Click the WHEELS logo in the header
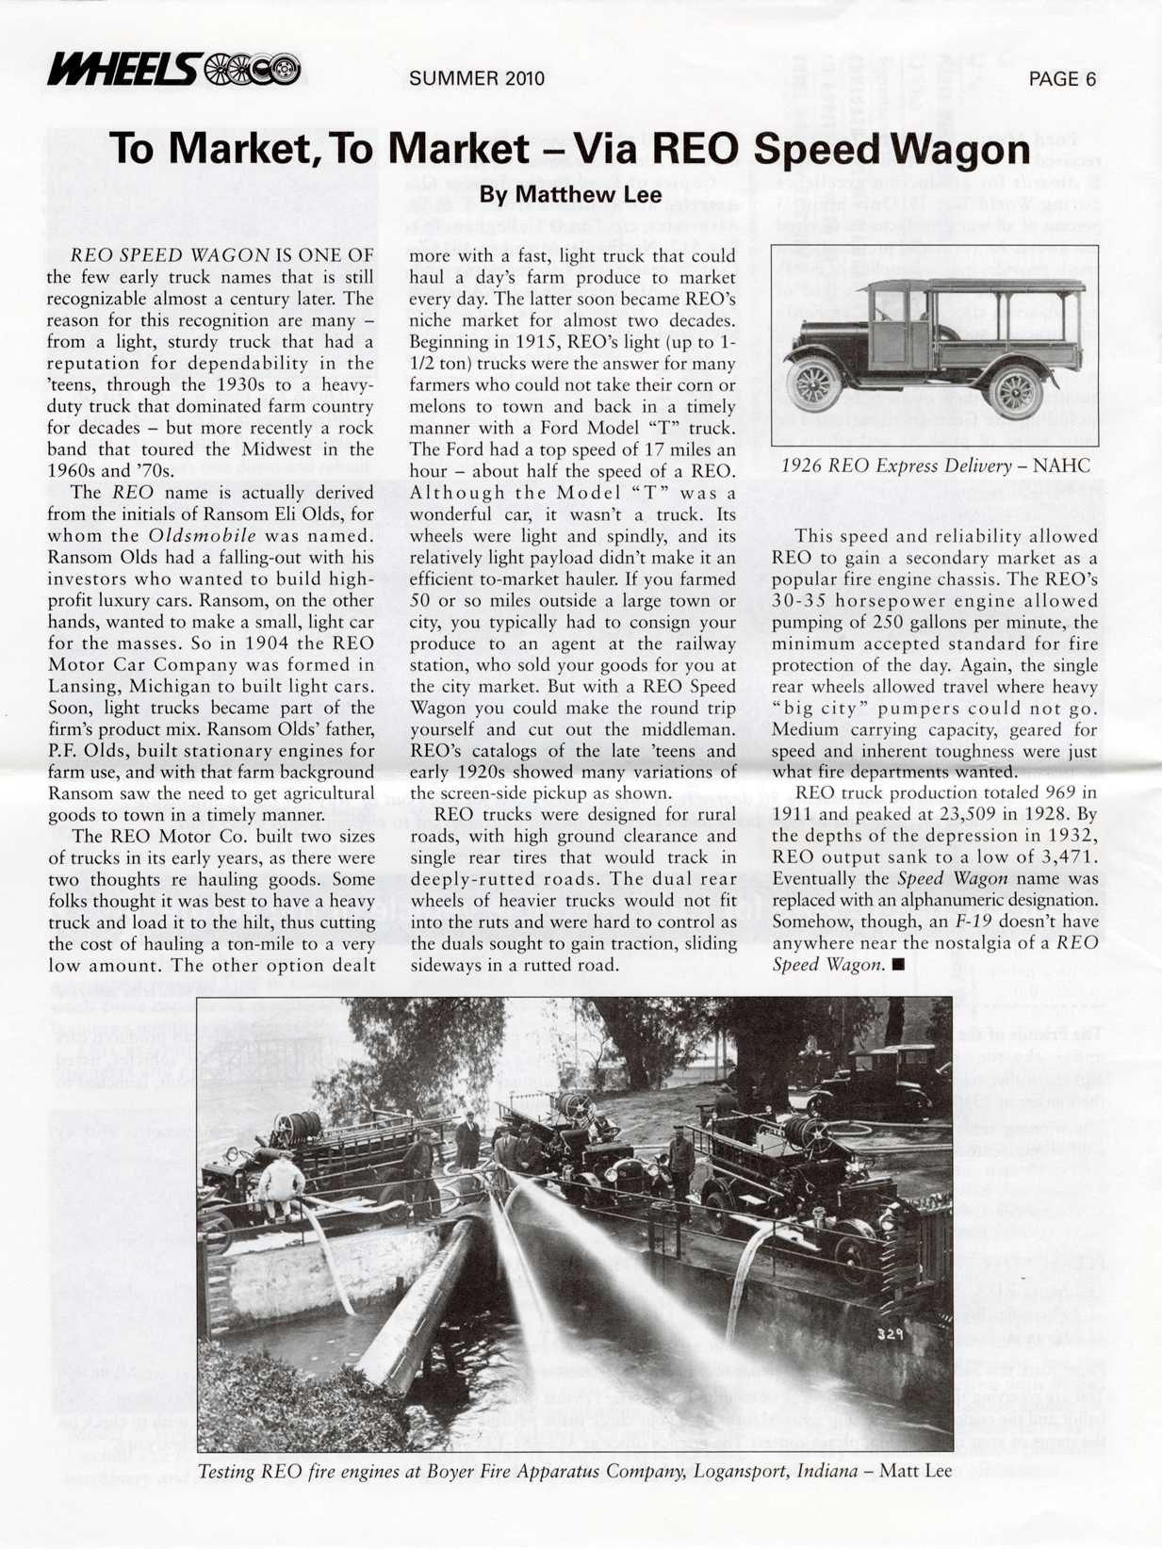(x=174, y=69)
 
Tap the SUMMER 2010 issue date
(x=477, y=78)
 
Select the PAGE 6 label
(x=1062, y=79)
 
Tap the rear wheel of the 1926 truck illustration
(x=1016, y=391)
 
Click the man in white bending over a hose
(x=280, y=1185)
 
